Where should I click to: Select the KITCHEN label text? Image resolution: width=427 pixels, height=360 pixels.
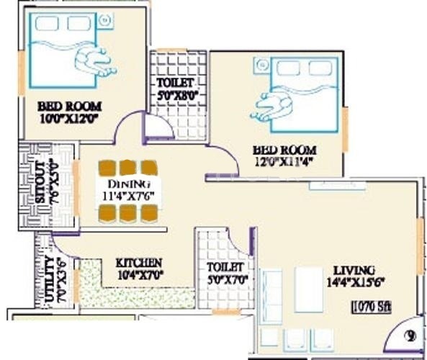[x=139, y=263]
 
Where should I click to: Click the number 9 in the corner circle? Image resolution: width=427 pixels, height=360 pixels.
[x=410, y=335]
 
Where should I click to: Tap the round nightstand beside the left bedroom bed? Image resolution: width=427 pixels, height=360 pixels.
[x=105, y=21]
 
